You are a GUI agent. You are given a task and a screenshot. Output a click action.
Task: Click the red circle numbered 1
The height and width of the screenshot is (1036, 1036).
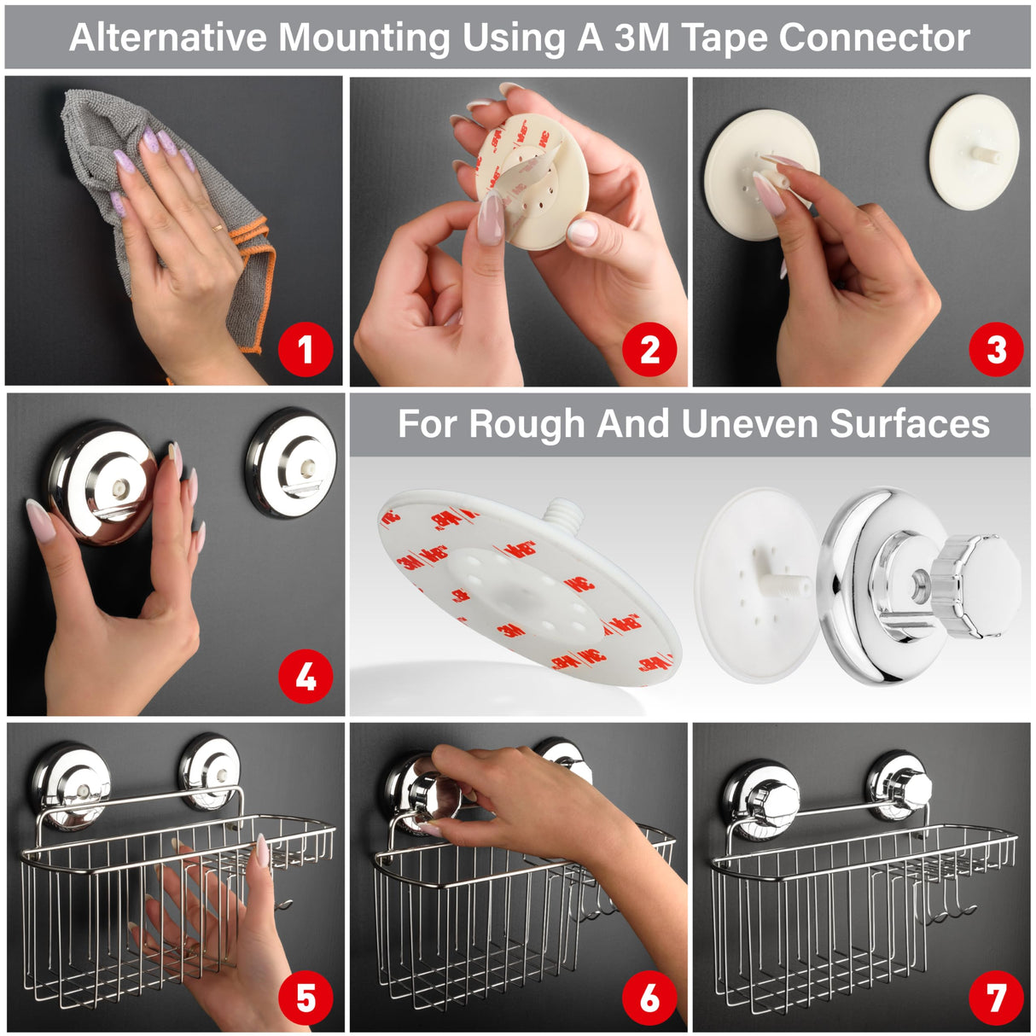pos(306,349)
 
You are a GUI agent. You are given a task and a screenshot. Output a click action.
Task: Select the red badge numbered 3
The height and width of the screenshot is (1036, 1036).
pos(996,349)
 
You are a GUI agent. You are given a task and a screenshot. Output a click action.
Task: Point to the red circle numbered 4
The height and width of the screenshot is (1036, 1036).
pos(306,677)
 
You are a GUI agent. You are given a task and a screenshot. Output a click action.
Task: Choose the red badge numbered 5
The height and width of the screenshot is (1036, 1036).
pos(306,998)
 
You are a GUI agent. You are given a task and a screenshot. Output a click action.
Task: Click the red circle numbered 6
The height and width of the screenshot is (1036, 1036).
pos(649,998)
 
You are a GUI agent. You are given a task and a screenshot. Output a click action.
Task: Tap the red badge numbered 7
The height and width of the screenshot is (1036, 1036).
pos(996,998)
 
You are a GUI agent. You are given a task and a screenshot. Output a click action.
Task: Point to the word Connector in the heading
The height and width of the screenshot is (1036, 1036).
pos(874,38)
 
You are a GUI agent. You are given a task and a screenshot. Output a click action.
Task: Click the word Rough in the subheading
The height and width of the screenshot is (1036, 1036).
pos(527,424)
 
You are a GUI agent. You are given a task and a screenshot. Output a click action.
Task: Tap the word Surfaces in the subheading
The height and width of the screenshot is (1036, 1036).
pos(909,423)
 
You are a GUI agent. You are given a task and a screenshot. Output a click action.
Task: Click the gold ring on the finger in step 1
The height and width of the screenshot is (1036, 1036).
pos(218,227)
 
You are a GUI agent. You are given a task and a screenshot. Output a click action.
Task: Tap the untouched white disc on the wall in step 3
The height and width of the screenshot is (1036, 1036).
pos(975,152)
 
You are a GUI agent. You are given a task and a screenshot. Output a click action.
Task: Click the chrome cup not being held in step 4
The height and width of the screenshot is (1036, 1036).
pos(291,463)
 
